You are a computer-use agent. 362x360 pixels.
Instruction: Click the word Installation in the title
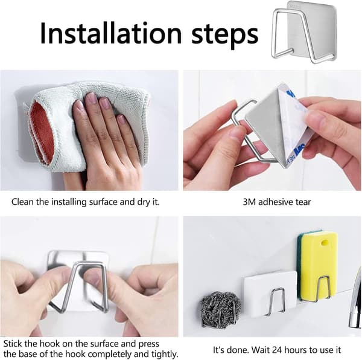(111, 33)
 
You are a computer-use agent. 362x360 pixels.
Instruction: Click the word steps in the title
(224, 34)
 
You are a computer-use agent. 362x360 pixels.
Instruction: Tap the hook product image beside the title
(304, 32)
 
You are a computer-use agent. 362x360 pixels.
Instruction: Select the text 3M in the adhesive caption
(249, 202)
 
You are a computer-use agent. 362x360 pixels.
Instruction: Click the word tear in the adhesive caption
(303, 202)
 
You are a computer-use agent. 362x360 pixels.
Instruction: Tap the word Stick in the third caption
(13, 344)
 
